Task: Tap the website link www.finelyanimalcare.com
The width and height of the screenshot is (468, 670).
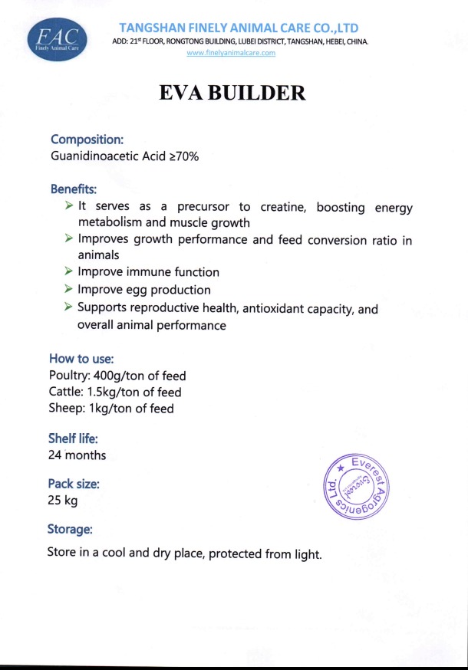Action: pyautogui.click(x=231, y=53)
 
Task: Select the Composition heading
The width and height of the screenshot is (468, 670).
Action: pyautogui.click(x=87, y=140)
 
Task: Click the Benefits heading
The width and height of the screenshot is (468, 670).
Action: pyautogui.click(x=74, y=189)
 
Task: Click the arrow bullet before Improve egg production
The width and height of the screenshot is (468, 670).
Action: pyautogui.click(x=69, y=289)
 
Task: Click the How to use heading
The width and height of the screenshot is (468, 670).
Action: pyautogui.click(x=82, y=358)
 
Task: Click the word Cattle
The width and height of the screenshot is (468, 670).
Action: pyautogui.click(x=64, y=392)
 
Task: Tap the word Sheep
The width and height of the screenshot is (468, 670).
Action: pyautogui.click(x=65, y=409)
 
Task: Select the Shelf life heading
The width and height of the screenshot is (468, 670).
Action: pyautogui.click(x=73, y=439)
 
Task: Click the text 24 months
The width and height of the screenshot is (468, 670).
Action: pyautogui.click(x=77, y=455)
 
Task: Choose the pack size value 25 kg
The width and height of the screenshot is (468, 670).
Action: pyautogui.click(x=62, y=501)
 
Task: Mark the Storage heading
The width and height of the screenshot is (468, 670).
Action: pyautogui.click(x=71, y=529)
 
